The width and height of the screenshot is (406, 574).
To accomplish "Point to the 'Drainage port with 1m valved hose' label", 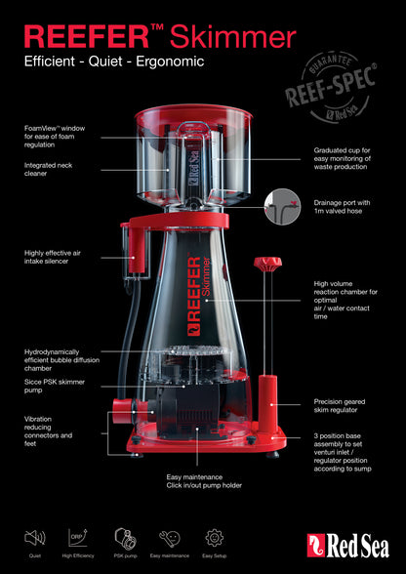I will click(345, 208).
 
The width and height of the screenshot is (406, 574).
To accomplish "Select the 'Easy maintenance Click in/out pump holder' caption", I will click(204, 481).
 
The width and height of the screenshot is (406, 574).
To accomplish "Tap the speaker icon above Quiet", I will click(34, 536).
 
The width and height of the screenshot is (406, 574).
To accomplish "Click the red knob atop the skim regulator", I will click(264, 264).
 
